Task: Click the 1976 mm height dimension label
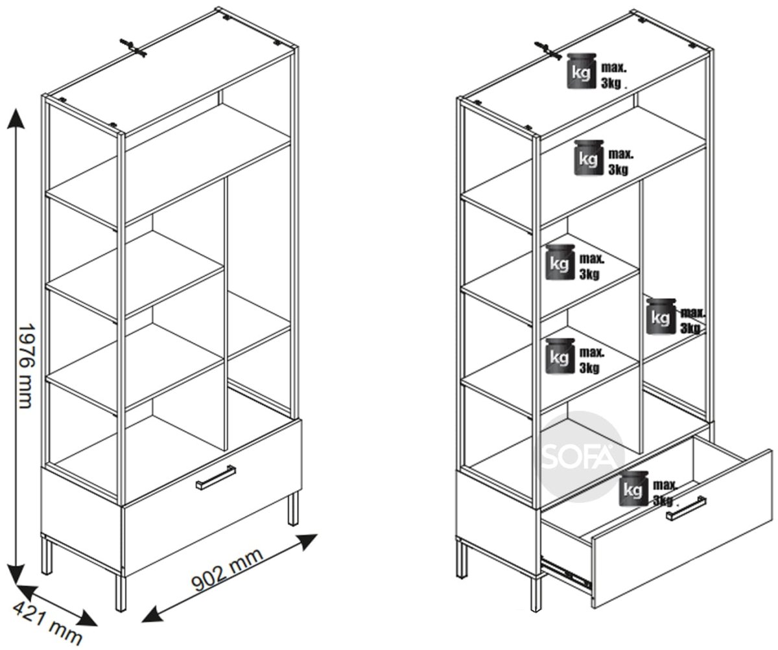[x=26, y=366]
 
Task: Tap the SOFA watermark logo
[x=582, y=457]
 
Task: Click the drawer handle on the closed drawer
[x=216, y=477]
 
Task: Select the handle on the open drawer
[x=685, y=509]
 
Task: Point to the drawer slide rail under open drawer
[x=565, y=576]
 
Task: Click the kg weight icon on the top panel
[x=581, y=71]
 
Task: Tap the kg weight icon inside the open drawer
[x=633, y=489]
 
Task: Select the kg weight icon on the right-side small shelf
[x=661, y=316]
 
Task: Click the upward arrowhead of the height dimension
[x=16, y=119]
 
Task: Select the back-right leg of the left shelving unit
[x=293, y=509]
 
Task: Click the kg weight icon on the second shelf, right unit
[x=588, y=157]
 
